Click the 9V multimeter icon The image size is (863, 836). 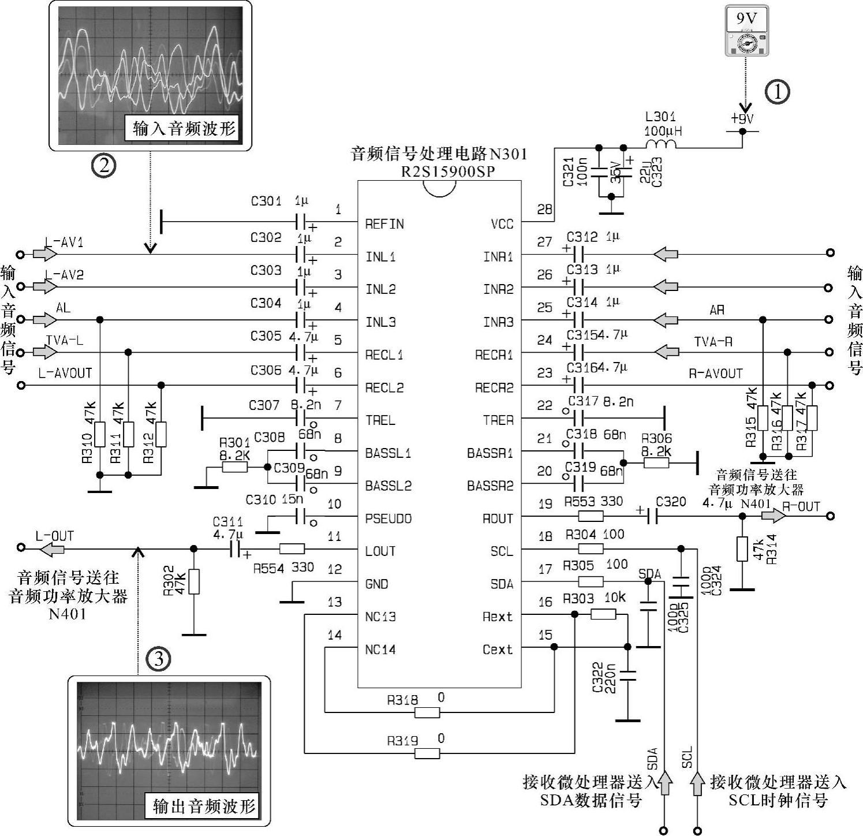pos(746,32)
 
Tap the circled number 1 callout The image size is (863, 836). pos(778,92)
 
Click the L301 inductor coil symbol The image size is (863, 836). pos(662,144)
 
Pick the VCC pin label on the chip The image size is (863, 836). pos(502,224)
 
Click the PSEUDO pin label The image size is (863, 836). pos(388,518)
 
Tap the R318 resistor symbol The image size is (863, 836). pos(427,712)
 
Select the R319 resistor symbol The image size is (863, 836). pos(427,753)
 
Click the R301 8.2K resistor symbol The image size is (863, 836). pos(235,466)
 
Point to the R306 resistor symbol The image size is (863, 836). pos(656,462)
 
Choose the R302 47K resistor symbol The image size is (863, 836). pos(194,582)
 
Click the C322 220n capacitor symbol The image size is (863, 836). pos(628,675)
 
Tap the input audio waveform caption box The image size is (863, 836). pos(184,128)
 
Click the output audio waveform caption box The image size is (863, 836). pos(204,805)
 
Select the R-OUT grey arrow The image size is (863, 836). pos(772,516)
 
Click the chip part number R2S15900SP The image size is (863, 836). pos(448,171)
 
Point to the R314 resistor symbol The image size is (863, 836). pos(742,549)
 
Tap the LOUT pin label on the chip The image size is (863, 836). pos(380,551)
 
